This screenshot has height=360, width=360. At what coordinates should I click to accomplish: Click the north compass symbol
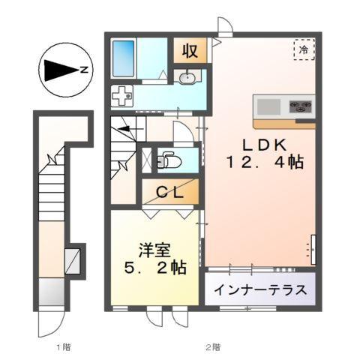coord(64,70)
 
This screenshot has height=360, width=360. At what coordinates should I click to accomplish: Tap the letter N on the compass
coord(85,70)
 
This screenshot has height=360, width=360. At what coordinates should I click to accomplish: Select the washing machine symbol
coord(121,95)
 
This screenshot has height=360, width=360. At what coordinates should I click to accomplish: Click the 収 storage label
coord(190,51)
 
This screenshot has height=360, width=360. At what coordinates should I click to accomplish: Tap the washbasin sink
coord(188,77)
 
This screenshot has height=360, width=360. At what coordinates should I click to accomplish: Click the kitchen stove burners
coord(302,105)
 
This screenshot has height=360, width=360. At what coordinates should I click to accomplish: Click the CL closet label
coord(170,192)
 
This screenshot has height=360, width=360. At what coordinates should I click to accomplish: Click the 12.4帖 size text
coord(260,160)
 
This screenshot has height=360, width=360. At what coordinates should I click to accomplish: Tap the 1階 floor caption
coord(64,347)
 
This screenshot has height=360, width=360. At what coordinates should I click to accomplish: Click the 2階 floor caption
coord(214,347)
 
